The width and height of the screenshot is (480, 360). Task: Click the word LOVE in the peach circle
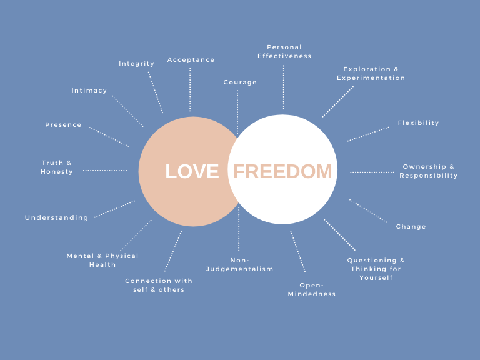pos(192,171)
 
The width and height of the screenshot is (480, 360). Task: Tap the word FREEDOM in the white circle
pos(282,171)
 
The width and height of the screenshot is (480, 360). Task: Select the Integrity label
pos(136,64)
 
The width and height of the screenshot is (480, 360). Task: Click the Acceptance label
pos(191,60)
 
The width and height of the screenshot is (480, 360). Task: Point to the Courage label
pos(240,82)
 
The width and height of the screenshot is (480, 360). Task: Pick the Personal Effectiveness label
pos(284,52)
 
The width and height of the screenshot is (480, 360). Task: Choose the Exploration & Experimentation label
pos(371,74)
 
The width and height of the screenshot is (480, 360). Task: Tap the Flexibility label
pos(419,123)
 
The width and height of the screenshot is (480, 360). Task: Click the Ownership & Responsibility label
pos(429,171)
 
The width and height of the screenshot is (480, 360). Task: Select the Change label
pos(411,226)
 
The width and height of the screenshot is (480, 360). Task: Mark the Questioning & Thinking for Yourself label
pos(376,269)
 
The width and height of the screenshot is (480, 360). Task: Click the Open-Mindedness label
pos(312,289)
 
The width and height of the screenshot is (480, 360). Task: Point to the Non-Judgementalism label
pos(240,265)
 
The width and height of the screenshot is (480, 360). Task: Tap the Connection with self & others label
pos(159,285)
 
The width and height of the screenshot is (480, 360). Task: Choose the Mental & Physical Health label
pos(102,260)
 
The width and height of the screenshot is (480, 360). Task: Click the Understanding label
pos(57,217)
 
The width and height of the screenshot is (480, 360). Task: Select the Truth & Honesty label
pos(57,167)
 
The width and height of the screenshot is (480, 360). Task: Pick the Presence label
pos(63,125)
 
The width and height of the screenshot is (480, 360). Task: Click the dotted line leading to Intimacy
pos(127,111)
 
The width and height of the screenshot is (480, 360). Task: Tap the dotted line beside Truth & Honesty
pos(105,171)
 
